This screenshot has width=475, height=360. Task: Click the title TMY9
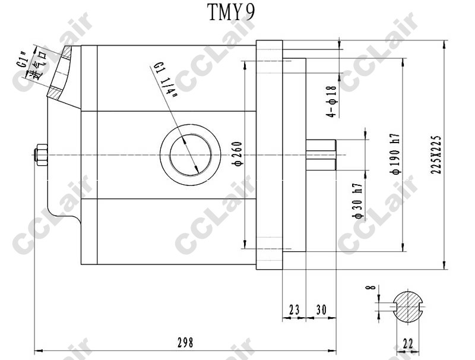[x=231, y=12]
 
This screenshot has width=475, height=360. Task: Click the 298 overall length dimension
[x=185, y=343]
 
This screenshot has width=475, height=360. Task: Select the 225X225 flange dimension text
[x=436, y=154]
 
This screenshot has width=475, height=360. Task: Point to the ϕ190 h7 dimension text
[x=395, y=154]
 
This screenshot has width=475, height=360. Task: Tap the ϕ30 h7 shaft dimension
[x=357, y=201]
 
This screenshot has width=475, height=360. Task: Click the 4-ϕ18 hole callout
[x=331, y=101]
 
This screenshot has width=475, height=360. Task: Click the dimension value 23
[x=294, y=310]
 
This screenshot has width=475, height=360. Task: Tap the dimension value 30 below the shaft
[x=321, y=310]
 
